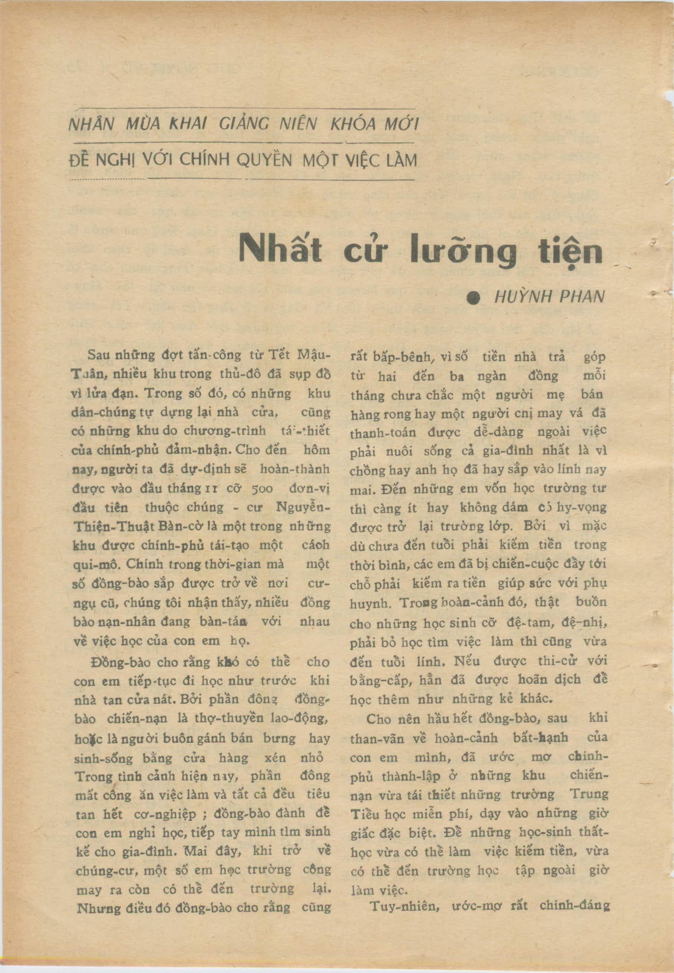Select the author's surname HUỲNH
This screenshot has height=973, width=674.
[522, 297]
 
